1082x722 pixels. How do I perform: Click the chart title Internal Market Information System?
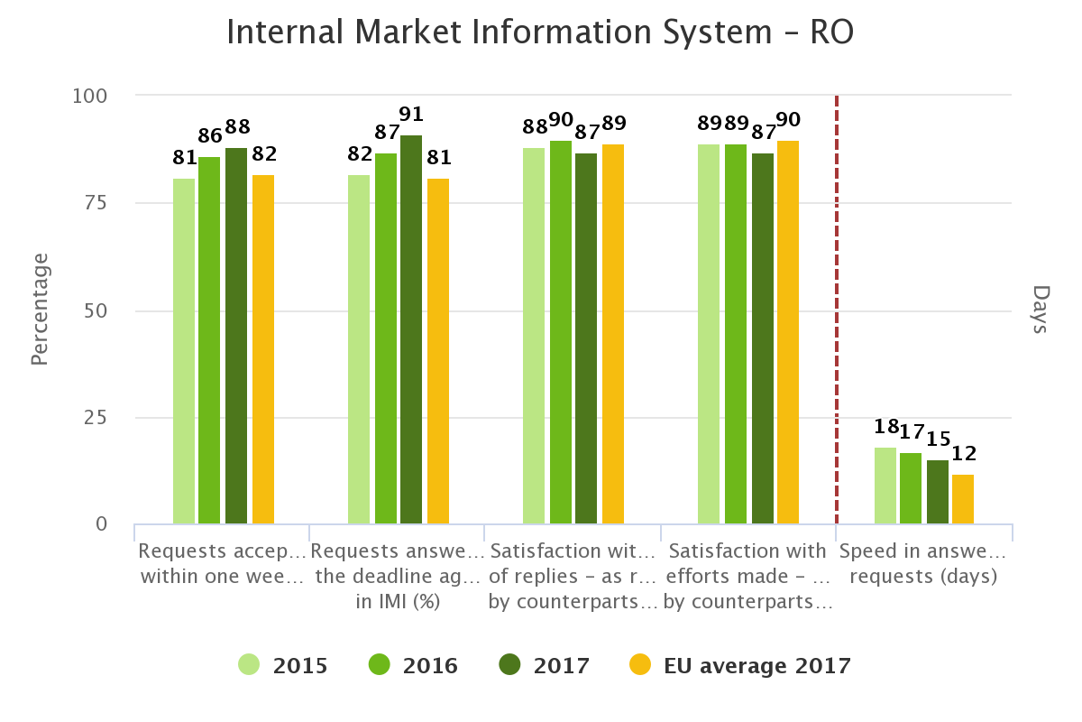coord(540,33)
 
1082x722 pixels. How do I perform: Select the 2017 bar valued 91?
coord(411,329)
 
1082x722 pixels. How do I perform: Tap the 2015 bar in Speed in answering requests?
coord(885,486)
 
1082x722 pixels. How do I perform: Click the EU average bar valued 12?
coord(963,499)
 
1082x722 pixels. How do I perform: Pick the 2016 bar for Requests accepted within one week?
coord(209,340)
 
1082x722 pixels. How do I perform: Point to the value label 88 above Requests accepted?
coord(238,127)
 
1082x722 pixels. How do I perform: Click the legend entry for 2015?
coord(284,666)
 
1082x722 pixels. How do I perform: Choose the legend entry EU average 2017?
coord(739,666)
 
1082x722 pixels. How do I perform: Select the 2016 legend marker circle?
coord(379,665)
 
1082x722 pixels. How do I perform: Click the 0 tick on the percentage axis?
coord(101,524)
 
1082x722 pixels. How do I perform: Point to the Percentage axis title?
coord(39,310)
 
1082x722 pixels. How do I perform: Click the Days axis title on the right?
coord(1041,310)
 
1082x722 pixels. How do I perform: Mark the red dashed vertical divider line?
coord(837,307)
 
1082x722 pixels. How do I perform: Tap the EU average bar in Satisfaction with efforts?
coord(788,332)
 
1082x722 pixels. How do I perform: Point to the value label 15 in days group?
coord(939,439)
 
